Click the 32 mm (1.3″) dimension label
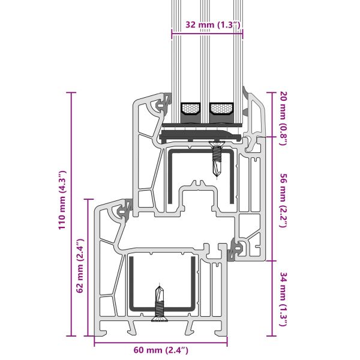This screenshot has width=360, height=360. pyautogui.click(x=213, y=25)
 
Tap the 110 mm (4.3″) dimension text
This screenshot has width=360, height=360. pyautogui.click(x=62, y=200)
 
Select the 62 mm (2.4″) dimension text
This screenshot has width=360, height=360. pyautogui.click(x=80, y=266)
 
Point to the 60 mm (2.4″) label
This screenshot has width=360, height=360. pyautogui.click(x=161, y=350)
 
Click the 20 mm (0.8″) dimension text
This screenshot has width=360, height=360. pyautogui.click(x=283, y=118)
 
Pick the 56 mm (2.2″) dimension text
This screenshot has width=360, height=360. pyautogui.click(x=283, y=200)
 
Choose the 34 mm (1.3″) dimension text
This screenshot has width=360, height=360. pyautogui.click(x=283, y=299)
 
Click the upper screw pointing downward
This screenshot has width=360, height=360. pyautogui.click(x=217, y=158)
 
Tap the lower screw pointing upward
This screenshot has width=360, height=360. pyautogui.click(x=160, y=303)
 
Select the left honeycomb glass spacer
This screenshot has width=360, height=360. pyautogui.click(x=190, y=109)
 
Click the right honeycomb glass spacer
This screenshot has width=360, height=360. pyautogui.click(x=221, y=109)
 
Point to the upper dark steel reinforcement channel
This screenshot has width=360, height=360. pyautogui.click(x=201, y=176)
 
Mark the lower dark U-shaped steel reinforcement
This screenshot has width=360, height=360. pyautogui.click(x=163, y=284)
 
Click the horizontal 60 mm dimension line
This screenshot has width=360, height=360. pyautogui.click(x=161, y=343)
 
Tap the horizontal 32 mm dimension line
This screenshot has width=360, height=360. pyautogui.click(x=208, y=34)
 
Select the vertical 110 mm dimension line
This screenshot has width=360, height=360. pyautogui.click(x=71, y=214)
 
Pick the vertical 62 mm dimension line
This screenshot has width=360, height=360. pyautogui.click(x=88, y=268)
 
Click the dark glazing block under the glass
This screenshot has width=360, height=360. pyautogui.click(x=200, y=136)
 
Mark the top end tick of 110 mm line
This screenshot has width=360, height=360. pyautogui.click(x=71, y=92)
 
